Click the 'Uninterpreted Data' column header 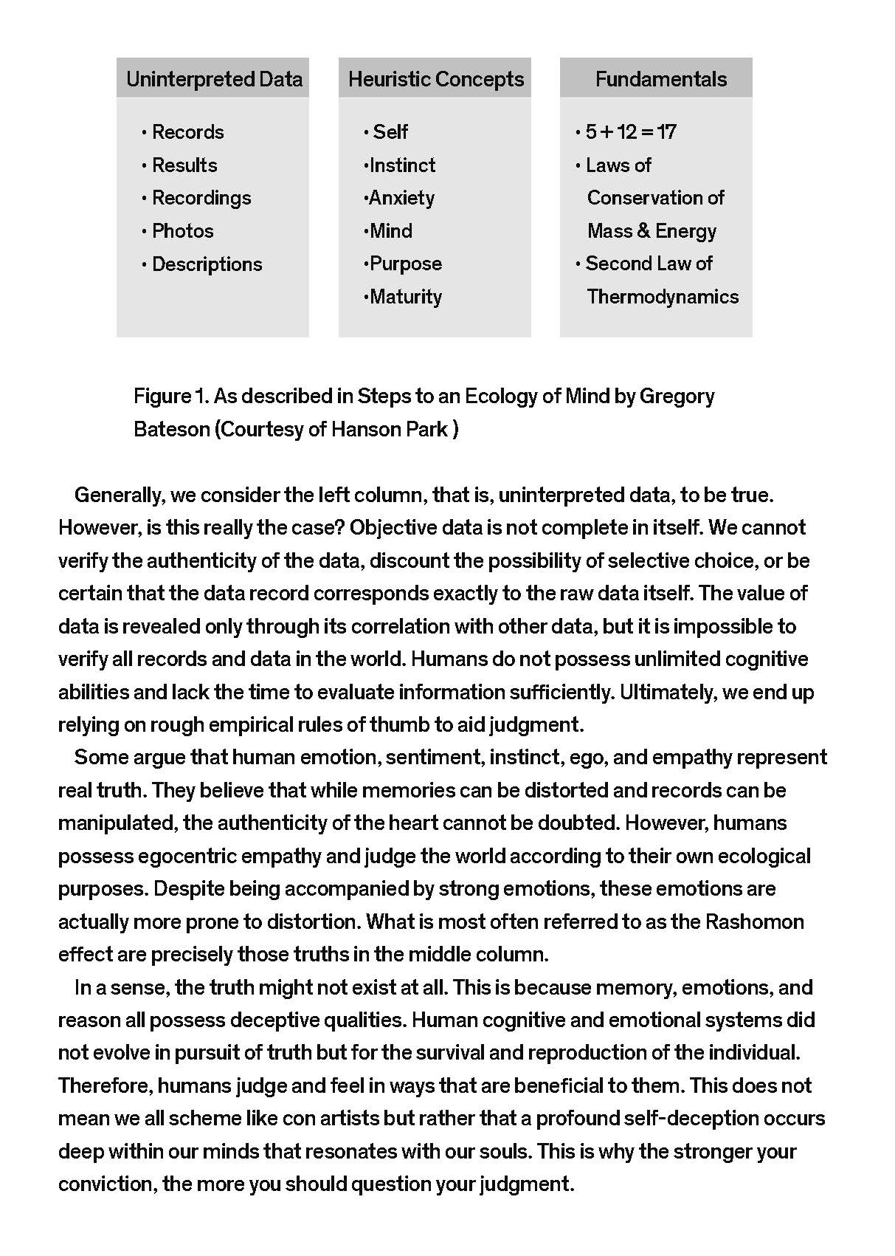click(x=214, y=79)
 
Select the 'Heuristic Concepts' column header click(x=435, y=79)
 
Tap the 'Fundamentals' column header click(x=660, y=79)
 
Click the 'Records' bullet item click(x=187, y=132)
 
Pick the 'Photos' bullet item click(x=182, y=231)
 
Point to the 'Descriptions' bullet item click(x=207, y=264)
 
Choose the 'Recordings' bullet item click(x=201, y=198)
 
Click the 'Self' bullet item click(x=390, y=132)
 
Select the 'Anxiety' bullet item click(x=401, y=198)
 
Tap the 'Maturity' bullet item click(x=405, y=297)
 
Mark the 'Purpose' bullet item click(x=405, y=264)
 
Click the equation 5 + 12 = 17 click(x=630, y=132)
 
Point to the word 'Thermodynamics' click(x=663, y=297)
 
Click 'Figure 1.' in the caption click(x=172, y=397)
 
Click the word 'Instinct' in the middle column click(x=402, y=165)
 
